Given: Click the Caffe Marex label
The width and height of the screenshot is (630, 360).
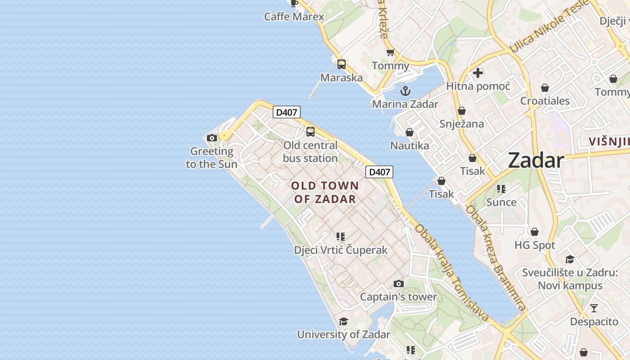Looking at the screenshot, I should click(294, 17).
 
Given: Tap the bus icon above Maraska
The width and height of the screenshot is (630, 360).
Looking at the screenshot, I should click(342, 64).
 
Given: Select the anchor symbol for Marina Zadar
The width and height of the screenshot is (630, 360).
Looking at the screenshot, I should click(405, 91).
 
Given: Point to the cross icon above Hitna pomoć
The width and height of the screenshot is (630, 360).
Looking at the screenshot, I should click(478, 72).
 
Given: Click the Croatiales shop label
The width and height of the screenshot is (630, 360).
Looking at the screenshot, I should click(545, 101).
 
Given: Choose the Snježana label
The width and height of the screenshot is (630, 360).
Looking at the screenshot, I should click(462, 124).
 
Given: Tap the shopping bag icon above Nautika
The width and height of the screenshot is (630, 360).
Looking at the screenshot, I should click(409, 132).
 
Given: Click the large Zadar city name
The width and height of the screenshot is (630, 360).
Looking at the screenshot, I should click(536, 161).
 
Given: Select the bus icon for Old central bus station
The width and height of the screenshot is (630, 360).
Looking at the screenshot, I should click(310, 132).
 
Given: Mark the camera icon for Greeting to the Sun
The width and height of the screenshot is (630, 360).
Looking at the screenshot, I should click(212, 138).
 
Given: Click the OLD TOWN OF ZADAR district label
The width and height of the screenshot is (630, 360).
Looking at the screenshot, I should click(325, 192).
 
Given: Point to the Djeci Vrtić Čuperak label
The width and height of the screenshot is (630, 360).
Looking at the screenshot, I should click(341, 250).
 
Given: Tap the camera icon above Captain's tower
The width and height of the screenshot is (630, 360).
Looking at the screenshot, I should click(398, 283).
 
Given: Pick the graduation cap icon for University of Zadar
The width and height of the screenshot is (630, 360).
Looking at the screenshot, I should click(343, 321).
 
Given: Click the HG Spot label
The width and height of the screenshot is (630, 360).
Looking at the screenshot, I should click(535, 245).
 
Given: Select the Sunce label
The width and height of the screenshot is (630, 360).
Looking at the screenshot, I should click(501, 202).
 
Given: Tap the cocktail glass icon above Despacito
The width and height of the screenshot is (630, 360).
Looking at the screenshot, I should click(594, 308).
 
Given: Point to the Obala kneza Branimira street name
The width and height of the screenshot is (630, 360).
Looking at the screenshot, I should click(496, 258).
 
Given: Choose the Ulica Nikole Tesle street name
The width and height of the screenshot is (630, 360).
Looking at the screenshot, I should click(549, 27).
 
